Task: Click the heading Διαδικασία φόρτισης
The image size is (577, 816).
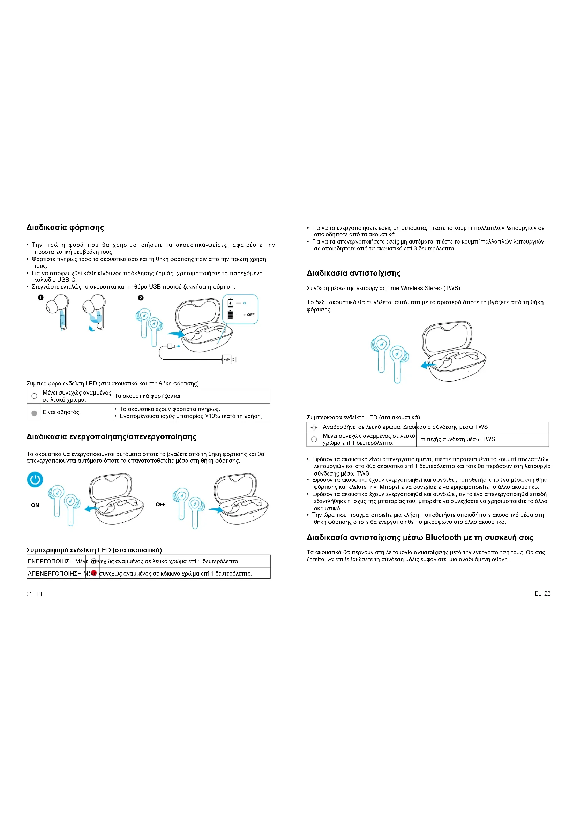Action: point(65,227)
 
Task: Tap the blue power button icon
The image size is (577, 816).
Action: point(35,480)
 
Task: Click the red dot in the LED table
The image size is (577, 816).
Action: point(94,573)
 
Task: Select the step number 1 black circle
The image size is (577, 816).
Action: point(41,298)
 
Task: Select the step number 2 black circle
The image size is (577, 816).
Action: point(141,298)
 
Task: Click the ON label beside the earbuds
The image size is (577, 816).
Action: point(35,505)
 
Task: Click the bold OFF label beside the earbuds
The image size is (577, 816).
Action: point(160,504)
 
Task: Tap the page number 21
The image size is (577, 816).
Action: point(30,594)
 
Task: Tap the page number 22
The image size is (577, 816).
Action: point(547,593)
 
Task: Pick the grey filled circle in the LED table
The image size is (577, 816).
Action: point(34,413)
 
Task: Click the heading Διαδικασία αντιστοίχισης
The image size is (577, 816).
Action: point(353,273)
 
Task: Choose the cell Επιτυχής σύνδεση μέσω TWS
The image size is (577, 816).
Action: point(456,439)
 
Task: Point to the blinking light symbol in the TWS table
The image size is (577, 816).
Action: point(314,428)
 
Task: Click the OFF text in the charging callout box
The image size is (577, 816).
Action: point(251,315)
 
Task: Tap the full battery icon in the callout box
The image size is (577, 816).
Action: point(231,315)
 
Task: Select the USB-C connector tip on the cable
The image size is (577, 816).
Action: point(171,346)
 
